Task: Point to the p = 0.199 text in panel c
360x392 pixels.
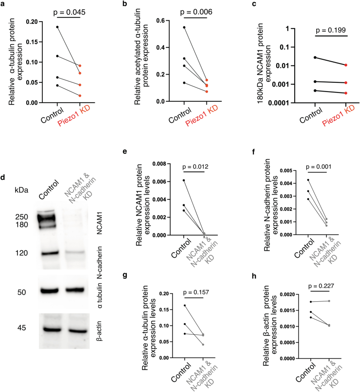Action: tap(322, 31)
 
